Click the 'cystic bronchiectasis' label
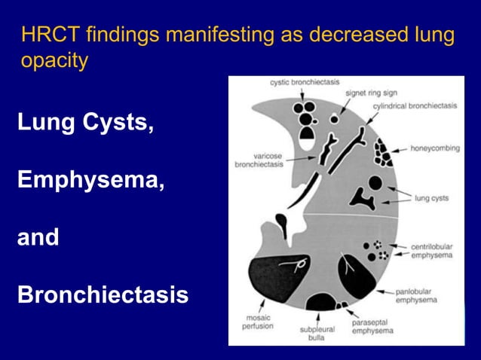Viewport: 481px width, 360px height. click(x=304, y=82)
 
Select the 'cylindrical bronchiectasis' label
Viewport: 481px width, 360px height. click(x=415, y=106)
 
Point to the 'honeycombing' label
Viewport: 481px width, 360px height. click(x=435, y=148)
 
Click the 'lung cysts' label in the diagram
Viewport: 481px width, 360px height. click(x=431, y=199)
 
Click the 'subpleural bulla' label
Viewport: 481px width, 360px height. click(x=315, y=333)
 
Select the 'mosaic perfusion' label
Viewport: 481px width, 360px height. click(x=257, y=322)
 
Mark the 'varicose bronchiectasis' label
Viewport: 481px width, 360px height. click(x=258, y=160)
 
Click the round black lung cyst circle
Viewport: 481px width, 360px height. click(x=375, y=183)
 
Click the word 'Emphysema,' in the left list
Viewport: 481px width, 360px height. click(x=87, y=181)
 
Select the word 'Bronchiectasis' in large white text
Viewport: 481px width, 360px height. click(x=103, y=294)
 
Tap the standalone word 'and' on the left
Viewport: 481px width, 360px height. click(x=38, y=238)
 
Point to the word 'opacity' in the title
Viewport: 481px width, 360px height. click(x=55, y=61)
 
